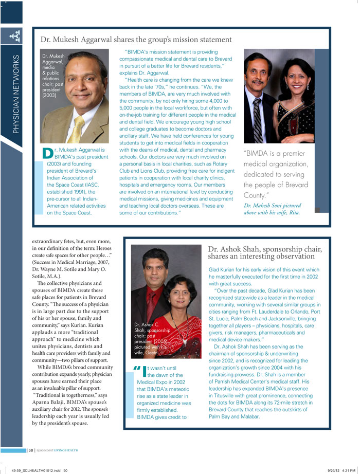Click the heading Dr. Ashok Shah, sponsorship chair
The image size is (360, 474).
(265, 252)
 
